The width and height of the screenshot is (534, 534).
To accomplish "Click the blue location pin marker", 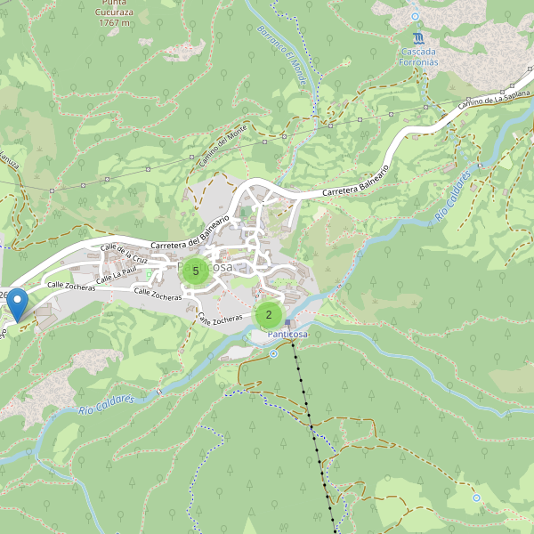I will point(17,306).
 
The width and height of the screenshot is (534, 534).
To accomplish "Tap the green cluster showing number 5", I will point(196,271).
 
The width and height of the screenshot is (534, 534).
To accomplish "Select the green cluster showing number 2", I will point(269,314).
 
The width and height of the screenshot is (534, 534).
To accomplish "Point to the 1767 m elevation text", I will point(115,22).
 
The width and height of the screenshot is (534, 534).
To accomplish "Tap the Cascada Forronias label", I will point(418,56).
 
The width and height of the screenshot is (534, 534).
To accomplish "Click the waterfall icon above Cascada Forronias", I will point(418,38).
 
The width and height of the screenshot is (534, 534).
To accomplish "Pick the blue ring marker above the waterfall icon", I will point(415,16).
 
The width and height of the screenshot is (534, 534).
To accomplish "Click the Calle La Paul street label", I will point(117,275).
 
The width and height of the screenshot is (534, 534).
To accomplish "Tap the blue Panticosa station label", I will point(287,334).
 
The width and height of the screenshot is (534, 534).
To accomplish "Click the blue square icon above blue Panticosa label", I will point(287,322).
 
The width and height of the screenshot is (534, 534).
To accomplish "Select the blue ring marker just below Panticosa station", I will point(273,353).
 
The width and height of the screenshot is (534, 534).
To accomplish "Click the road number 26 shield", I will point(4,295).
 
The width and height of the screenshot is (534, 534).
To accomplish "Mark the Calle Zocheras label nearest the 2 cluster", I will point(219,318).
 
